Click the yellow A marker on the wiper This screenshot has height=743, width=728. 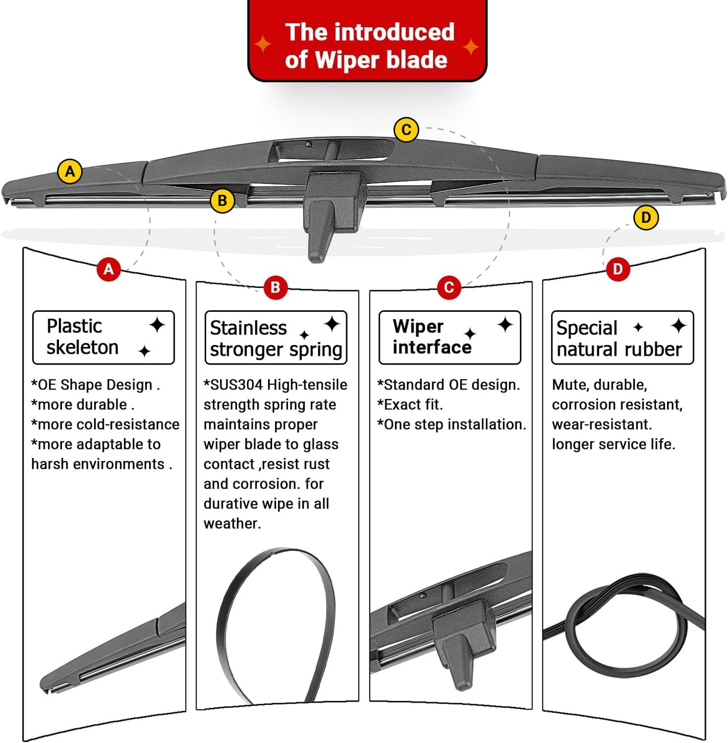70,172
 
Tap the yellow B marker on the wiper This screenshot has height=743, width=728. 222,200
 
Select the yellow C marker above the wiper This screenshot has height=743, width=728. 406,130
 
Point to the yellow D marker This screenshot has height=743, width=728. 646,218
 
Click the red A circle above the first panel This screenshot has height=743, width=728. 109,269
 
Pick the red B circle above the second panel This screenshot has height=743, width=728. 275,288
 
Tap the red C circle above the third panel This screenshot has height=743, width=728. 449,288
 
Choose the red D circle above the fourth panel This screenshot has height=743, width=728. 618,269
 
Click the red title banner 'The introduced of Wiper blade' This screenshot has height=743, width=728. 367,46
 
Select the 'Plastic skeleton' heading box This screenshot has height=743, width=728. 103,337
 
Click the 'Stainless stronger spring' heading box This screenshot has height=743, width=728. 276,337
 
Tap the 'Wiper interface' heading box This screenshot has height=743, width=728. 449,337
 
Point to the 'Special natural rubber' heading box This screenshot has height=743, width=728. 622,337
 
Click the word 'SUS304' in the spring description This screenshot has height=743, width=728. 235,385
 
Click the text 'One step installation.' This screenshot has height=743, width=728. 451,424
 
